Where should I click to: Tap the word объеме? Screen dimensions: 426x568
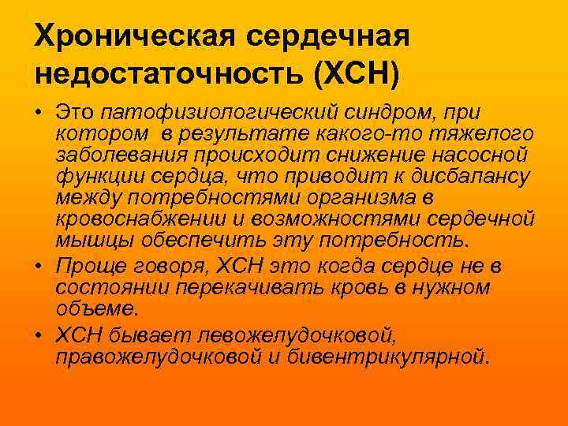(x=93, y=308)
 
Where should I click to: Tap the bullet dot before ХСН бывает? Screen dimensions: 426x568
(x=39, y=335)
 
